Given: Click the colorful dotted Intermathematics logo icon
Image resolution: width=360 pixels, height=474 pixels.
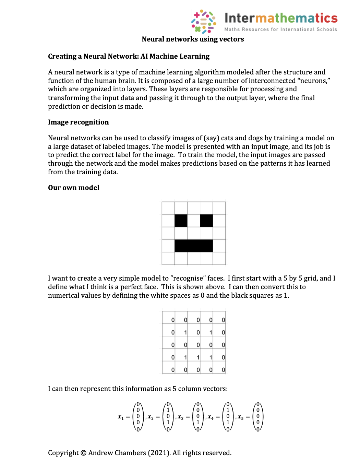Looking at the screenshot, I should (203, 21).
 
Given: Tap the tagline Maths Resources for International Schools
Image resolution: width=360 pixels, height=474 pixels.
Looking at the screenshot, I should (280, 29).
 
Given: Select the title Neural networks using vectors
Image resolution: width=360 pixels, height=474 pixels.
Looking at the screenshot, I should (193, 39).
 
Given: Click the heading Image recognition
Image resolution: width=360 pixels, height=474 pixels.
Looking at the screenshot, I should (78, 122).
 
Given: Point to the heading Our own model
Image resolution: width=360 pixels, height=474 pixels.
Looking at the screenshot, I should (73, 188).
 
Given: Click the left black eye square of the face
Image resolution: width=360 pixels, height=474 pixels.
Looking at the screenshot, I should (181, 221).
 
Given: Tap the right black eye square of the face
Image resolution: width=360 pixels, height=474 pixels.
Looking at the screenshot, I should (206, 221).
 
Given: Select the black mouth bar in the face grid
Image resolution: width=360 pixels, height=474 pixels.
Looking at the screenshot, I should (194, 246).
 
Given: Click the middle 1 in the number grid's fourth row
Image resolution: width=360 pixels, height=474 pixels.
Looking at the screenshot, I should (198, 357).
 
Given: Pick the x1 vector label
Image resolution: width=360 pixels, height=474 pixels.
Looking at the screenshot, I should (120, 417).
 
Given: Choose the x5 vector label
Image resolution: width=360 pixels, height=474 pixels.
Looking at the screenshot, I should (240, 417).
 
